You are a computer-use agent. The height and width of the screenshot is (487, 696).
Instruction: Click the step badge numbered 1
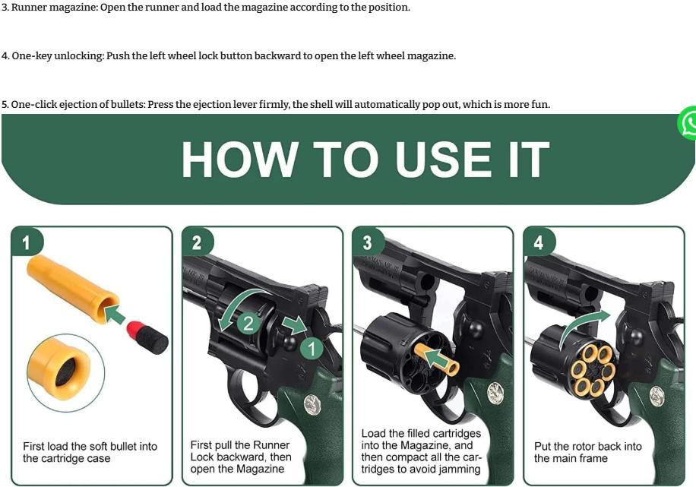[x=27, y=242]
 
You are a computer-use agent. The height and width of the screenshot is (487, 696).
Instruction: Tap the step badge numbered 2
[x=198, y=242]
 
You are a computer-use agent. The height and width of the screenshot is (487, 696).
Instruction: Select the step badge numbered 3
[x=368, y=242]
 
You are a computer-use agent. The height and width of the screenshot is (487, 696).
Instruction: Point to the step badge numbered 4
[x=539, y=242]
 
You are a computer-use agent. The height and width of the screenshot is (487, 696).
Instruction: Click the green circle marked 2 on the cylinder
[x=248, y=323]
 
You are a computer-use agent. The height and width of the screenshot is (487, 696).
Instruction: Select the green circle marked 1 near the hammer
[x=312, y=349]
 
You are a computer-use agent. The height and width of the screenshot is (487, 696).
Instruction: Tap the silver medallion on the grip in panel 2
[x=312, y=404]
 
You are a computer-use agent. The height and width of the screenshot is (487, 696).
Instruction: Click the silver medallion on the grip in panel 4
[x=657, y=397]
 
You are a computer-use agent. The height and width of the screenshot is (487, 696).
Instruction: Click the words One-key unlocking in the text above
[x=57, y=56]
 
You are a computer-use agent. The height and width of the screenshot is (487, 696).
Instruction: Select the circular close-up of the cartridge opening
[x=65, y=372]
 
